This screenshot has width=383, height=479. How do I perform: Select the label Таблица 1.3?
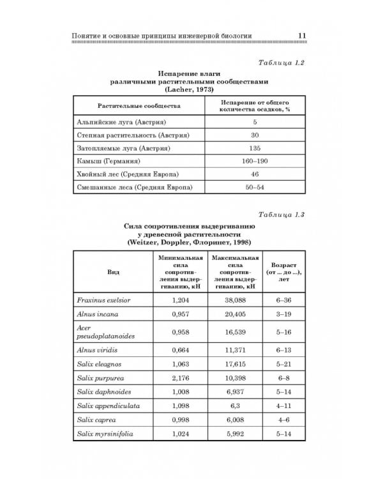point(282,214)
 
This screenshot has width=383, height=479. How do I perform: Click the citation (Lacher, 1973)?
point(189,89)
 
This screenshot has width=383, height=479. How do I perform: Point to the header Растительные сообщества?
point(139,105)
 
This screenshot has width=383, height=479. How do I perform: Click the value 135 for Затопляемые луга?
point(254,148)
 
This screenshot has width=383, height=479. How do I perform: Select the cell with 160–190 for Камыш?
point(254,161)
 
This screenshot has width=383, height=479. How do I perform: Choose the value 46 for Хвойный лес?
point(254,174)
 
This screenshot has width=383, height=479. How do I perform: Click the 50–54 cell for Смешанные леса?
point(254,188)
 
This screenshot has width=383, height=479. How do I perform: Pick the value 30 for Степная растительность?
point(254,135)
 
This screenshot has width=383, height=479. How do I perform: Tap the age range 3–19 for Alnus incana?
point(283,314)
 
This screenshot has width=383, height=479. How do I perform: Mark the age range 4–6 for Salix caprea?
point(283,420)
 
